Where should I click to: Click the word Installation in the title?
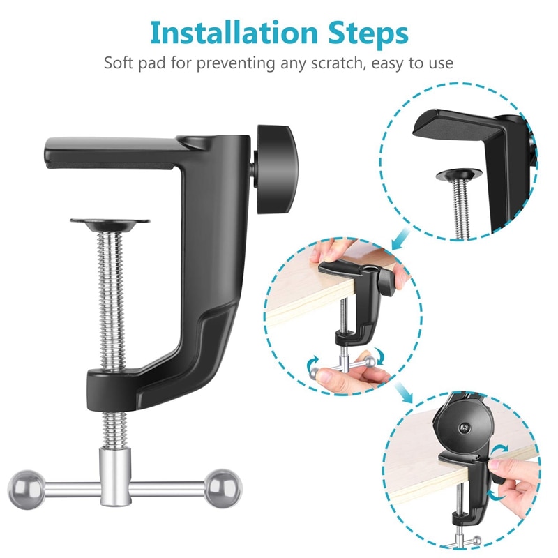[234, 33]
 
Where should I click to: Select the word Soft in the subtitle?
[118, 63]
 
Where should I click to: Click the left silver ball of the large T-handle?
[27, 490]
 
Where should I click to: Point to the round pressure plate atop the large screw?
[110, 225]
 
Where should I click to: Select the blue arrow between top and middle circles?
[400, 239]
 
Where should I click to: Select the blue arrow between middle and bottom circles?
[405, 391]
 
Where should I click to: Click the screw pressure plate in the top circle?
[460, 175]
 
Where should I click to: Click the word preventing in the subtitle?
[236, 64]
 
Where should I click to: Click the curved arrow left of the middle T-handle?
[313, 363]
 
